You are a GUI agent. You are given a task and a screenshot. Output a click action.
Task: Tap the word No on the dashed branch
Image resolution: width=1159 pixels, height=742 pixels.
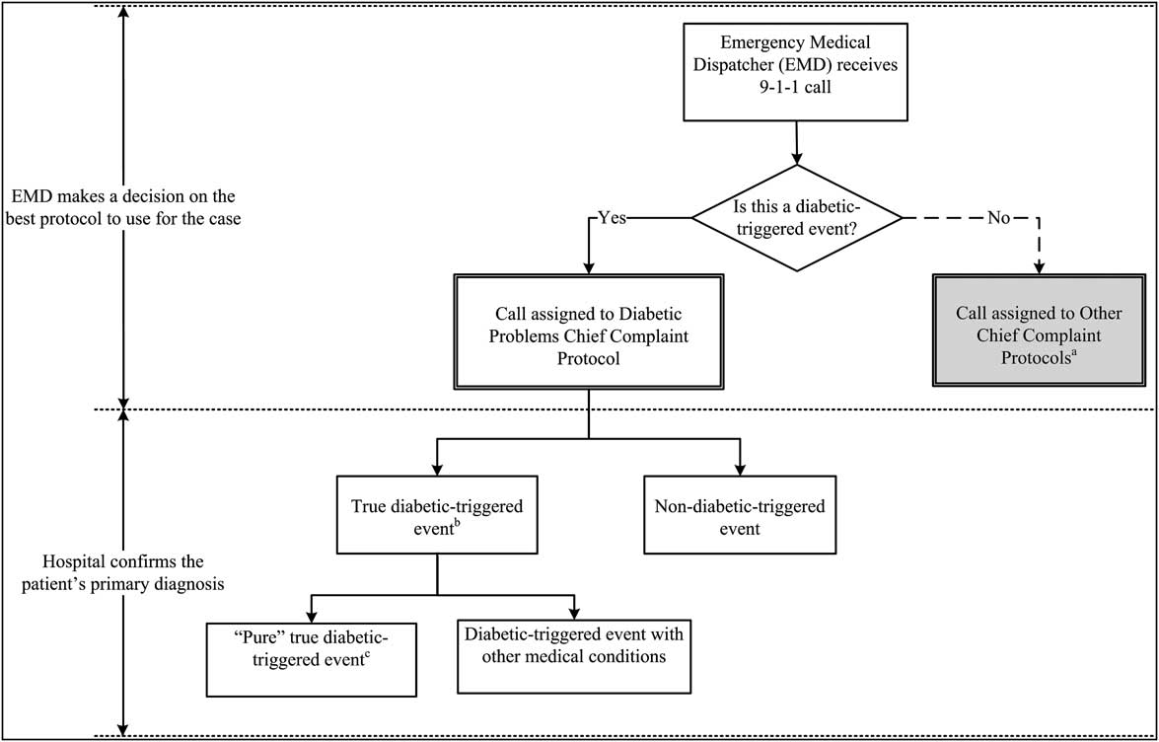tap(999, 218)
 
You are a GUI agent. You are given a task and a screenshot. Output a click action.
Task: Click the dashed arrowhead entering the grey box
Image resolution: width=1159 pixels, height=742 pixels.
tap(1039, 267)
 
